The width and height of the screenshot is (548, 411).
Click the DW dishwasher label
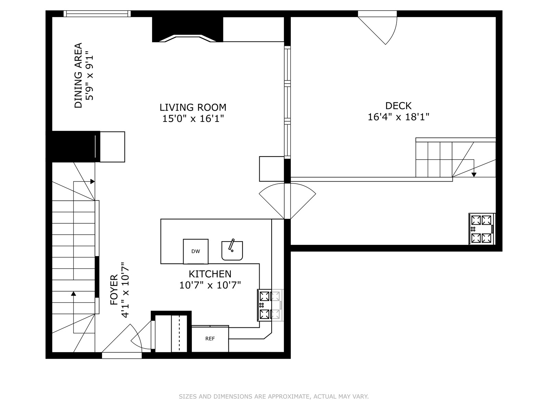[x=196, y=251]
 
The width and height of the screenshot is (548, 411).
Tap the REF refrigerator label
[x=210, y=339]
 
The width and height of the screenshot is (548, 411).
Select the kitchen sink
[x=232, y=250]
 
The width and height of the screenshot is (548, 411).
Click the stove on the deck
[x=482, y=229]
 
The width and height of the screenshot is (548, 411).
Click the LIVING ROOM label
[x=193, y=107]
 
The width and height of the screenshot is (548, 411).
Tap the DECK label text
[x=398, y=106]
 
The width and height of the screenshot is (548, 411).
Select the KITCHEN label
[x=210, y=274]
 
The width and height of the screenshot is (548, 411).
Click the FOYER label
[x=114, y=290]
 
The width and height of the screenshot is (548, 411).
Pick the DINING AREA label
[x=78, y=75]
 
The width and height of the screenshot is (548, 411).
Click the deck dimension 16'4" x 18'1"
[x=398, y=117]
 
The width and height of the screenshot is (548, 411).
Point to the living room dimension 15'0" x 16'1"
[x=193, y=118]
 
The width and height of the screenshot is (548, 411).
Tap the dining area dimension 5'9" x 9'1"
[x=89, y=76]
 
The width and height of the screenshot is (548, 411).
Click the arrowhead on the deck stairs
[x=474, y=175]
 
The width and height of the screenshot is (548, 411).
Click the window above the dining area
[x=97, y=13]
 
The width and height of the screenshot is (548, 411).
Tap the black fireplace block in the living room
[x=187, y=29]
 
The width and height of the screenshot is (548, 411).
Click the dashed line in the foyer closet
[x=179, y=333]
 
